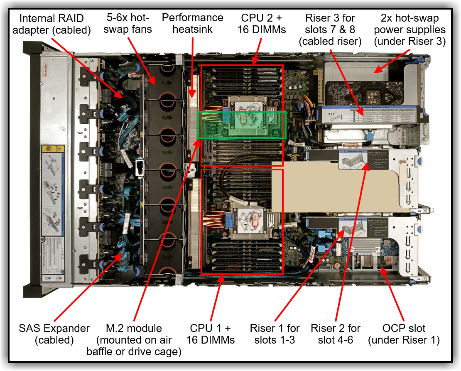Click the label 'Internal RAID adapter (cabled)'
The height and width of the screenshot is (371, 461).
pos(51,24)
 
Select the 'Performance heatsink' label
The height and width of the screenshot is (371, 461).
pos(192,23)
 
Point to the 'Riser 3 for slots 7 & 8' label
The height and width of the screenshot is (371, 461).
pos(332,29)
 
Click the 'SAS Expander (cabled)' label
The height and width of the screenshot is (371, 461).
pos(54,334)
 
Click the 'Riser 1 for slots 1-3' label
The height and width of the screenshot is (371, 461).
pos(275,334)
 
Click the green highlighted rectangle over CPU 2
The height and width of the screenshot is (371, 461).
pos(241,125)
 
